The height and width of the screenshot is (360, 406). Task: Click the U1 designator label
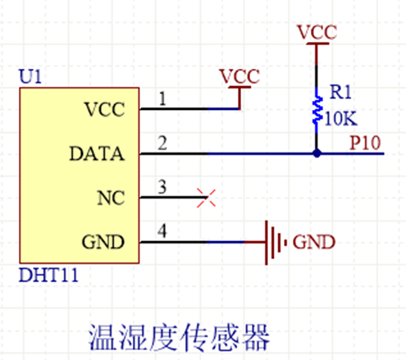[30, 76]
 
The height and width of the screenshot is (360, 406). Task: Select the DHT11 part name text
[48, 275]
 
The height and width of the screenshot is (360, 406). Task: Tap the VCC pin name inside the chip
[105, 110]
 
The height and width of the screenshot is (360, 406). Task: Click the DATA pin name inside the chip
[97, 153]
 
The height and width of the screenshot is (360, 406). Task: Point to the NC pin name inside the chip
[111, 198]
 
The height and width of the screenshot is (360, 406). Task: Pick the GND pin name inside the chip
[103, 242]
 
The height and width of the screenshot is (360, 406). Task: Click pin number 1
[162, 98]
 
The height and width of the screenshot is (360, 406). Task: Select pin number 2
[162, 143]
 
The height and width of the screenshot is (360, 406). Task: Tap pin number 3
[162, 187]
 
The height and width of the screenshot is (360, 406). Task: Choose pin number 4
[162, 231]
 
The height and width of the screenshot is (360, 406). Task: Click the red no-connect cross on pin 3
[206, 198]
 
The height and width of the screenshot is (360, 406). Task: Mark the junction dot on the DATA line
[317, 153]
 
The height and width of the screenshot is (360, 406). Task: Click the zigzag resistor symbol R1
[317, 110]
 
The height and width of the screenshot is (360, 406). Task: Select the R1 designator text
[340, 92]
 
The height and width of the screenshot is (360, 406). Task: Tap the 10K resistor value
[340, 118]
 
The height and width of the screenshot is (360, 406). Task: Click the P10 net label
[365, 143]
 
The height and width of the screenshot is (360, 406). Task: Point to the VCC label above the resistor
[317, 32]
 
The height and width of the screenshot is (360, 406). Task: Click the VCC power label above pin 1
[239, 76]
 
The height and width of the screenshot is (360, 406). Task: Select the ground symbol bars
[276, 243]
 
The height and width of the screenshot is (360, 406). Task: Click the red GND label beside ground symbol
[314, 242]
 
